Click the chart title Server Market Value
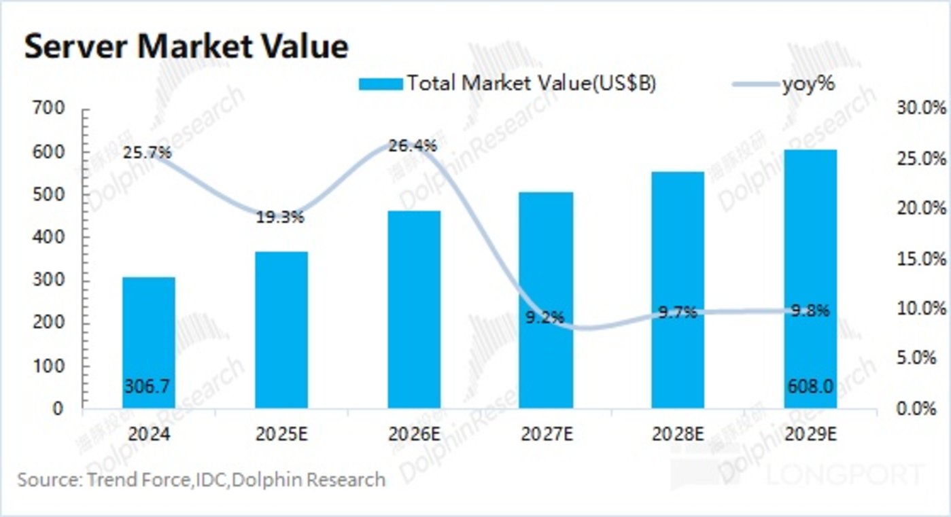(x=186, y=48)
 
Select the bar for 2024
(x=149, y=342)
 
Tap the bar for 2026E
(x=414, y=309)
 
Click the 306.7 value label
(x=147, y=386)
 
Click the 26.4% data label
(x=413, y=146)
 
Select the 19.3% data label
(x=280, y=218)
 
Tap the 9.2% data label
(x=544, y=317)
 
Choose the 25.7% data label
(x=147, y=154)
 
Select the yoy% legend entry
(x=808, y=84)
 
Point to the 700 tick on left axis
(x=50, y=109)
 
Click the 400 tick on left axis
(x=50, y=237)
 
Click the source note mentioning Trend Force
(x=201, y=480)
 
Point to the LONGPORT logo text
(x=845, y=474)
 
